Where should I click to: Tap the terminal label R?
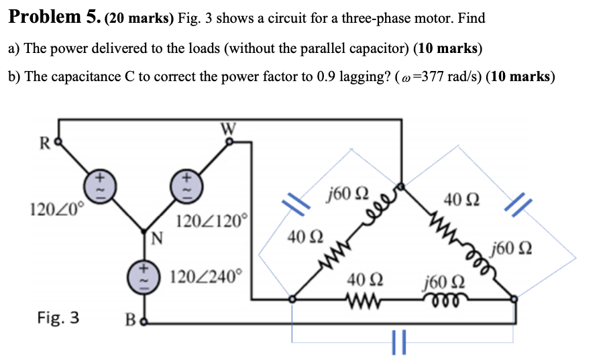tap(44, 143)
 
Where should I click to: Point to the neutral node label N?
tap(156, 237)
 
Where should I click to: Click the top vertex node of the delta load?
tap(400, 186)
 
